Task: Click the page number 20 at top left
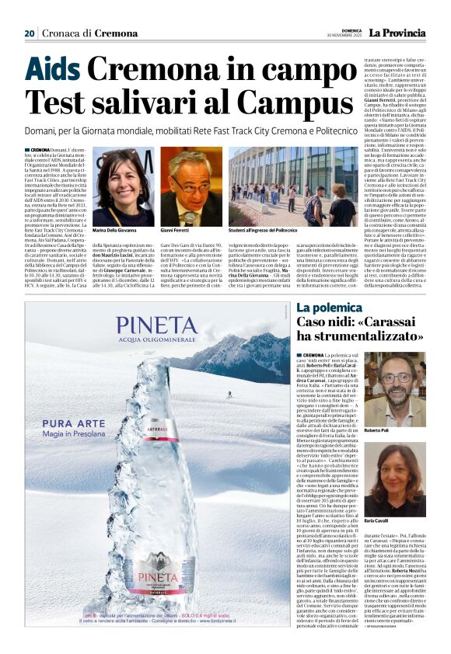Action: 30,33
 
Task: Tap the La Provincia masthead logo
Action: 398,33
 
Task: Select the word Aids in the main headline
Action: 53,71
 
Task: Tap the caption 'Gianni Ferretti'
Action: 178,231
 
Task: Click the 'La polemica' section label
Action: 328,308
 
